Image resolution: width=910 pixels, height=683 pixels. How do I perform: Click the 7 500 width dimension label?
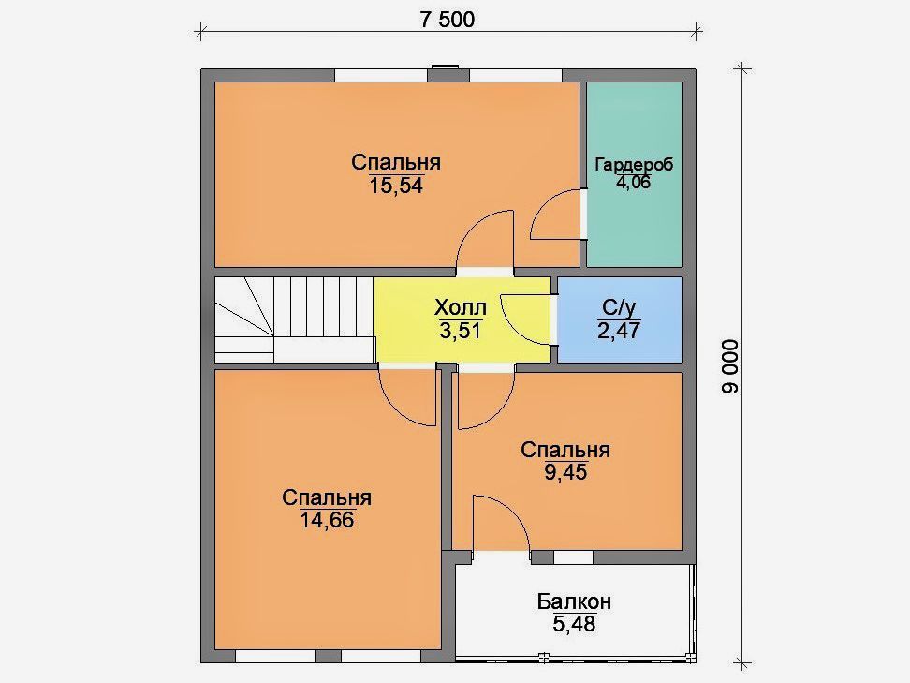click(x=447, y=20)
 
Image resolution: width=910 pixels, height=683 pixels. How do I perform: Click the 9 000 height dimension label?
click(x=730, y=366)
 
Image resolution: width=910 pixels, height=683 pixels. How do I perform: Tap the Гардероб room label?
click(x=634, y=164)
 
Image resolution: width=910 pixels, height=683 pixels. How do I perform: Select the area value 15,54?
click(x=396, y=186)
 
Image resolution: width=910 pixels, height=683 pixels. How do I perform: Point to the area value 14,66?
click(x=327, y=520)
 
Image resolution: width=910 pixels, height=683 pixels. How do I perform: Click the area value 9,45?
click(x=565, y=472)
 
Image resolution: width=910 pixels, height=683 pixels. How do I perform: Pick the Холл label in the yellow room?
click(x=461, y=307)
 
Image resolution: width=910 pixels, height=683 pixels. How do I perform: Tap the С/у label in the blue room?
click(x=619, y=306)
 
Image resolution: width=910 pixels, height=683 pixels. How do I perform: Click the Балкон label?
click(x=574, y=601)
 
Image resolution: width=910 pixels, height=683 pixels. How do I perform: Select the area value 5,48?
click(x=574, y=624)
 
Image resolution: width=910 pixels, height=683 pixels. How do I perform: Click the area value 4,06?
click(x=633, y=182)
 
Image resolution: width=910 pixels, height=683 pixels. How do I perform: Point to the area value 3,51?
click(x=461, y=331)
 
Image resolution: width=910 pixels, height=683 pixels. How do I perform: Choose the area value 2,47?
click(x=619, y=331)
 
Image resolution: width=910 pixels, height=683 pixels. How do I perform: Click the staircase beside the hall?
click(x=294, y=319)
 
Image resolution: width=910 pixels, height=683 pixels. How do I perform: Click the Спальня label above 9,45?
click(x=565, y=450)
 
